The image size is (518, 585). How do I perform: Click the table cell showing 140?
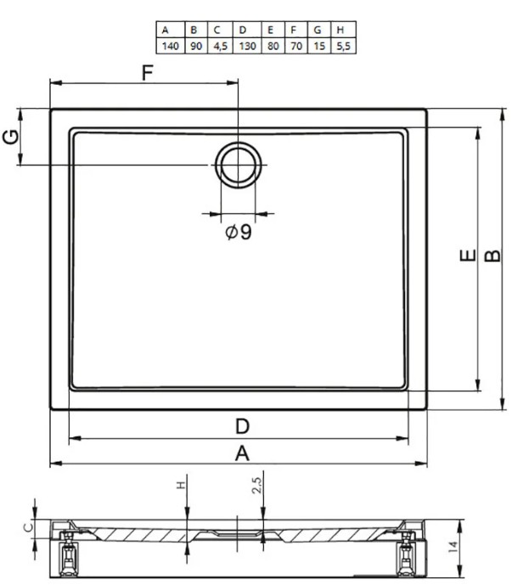[x=170, y=46]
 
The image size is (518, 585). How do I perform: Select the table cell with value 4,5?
[x=220, y=46]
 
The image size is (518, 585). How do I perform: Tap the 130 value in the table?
[x=247, y=46]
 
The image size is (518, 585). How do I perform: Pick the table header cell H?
[x=343, y=30]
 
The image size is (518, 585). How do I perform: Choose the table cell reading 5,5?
[x=343, y=46]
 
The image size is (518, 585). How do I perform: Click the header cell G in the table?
[x=319, y=30]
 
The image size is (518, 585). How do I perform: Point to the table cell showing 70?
[x=296, y=46]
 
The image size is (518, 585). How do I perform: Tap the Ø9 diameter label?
[x=239, y=232]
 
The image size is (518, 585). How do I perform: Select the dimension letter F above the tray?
[x=148, y=73]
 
